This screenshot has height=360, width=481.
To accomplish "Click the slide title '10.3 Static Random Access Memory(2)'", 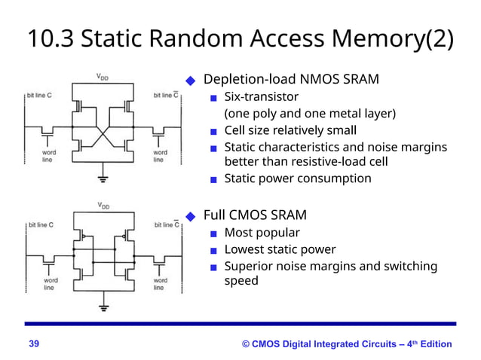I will [x=240, y=38].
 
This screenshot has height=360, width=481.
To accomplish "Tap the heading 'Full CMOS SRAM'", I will [x=255, y=215].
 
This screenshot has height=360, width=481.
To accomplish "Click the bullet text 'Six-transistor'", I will [x=261, y=97].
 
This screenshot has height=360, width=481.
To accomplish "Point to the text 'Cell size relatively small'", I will [x=290, y=130].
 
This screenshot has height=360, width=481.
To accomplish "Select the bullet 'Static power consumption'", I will [x=298, y=178].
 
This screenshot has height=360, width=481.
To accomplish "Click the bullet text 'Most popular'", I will [x=262, y=233].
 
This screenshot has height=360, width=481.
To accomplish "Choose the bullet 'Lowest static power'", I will [x=280, y=249].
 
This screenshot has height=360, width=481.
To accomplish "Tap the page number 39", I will [x=34, y=344].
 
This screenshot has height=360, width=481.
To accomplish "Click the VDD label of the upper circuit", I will [x=102, y=76].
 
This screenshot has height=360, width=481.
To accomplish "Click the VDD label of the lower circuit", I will [x=102, y=205].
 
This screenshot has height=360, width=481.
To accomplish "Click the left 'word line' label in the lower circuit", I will [x=48, y=285].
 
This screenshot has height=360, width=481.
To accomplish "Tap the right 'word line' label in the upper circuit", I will [x=159, y=156].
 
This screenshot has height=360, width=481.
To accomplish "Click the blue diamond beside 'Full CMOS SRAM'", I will [x=191, y=215].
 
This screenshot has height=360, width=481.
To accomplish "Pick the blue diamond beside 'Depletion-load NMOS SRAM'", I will [x=191, y=81].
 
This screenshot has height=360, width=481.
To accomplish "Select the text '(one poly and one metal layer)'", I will [x=310, y=114].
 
